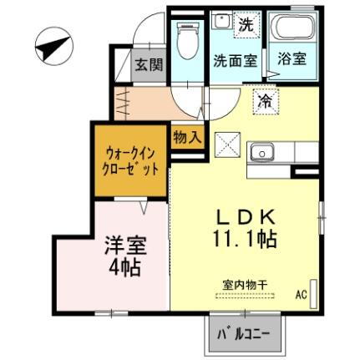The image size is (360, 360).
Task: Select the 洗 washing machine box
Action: click(x=245, y=24)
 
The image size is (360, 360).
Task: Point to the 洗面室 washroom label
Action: click(x=231, y=60)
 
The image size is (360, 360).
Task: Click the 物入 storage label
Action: click(x=186, y=137)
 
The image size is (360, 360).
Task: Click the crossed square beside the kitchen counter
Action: click(x=227, y=145)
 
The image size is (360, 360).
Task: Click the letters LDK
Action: click(x=245, y=215)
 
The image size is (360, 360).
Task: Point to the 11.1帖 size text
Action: click(x=245, y=237)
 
